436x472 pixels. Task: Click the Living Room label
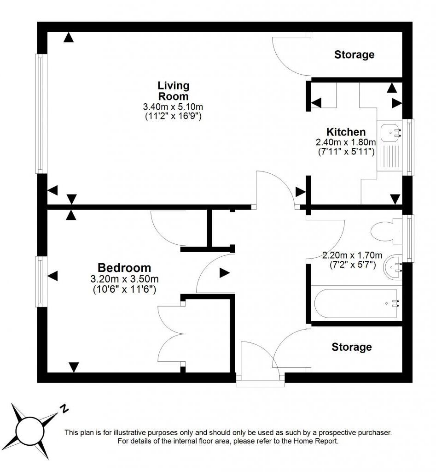coord(173,91)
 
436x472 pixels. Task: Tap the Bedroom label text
coord(124,267)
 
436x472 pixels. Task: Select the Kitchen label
coord(346,132)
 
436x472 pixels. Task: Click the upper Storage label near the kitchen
coord(354,54)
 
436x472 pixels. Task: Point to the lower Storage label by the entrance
coord(352,347)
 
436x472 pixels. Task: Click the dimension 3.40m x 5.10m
coord(173,107)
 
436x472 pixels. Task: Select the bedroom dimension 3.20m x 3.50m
coord(124,279)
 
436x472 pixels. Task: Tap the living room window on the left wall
coord(41,114)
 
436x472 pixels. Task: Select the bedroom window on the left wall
coord(41,282)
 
